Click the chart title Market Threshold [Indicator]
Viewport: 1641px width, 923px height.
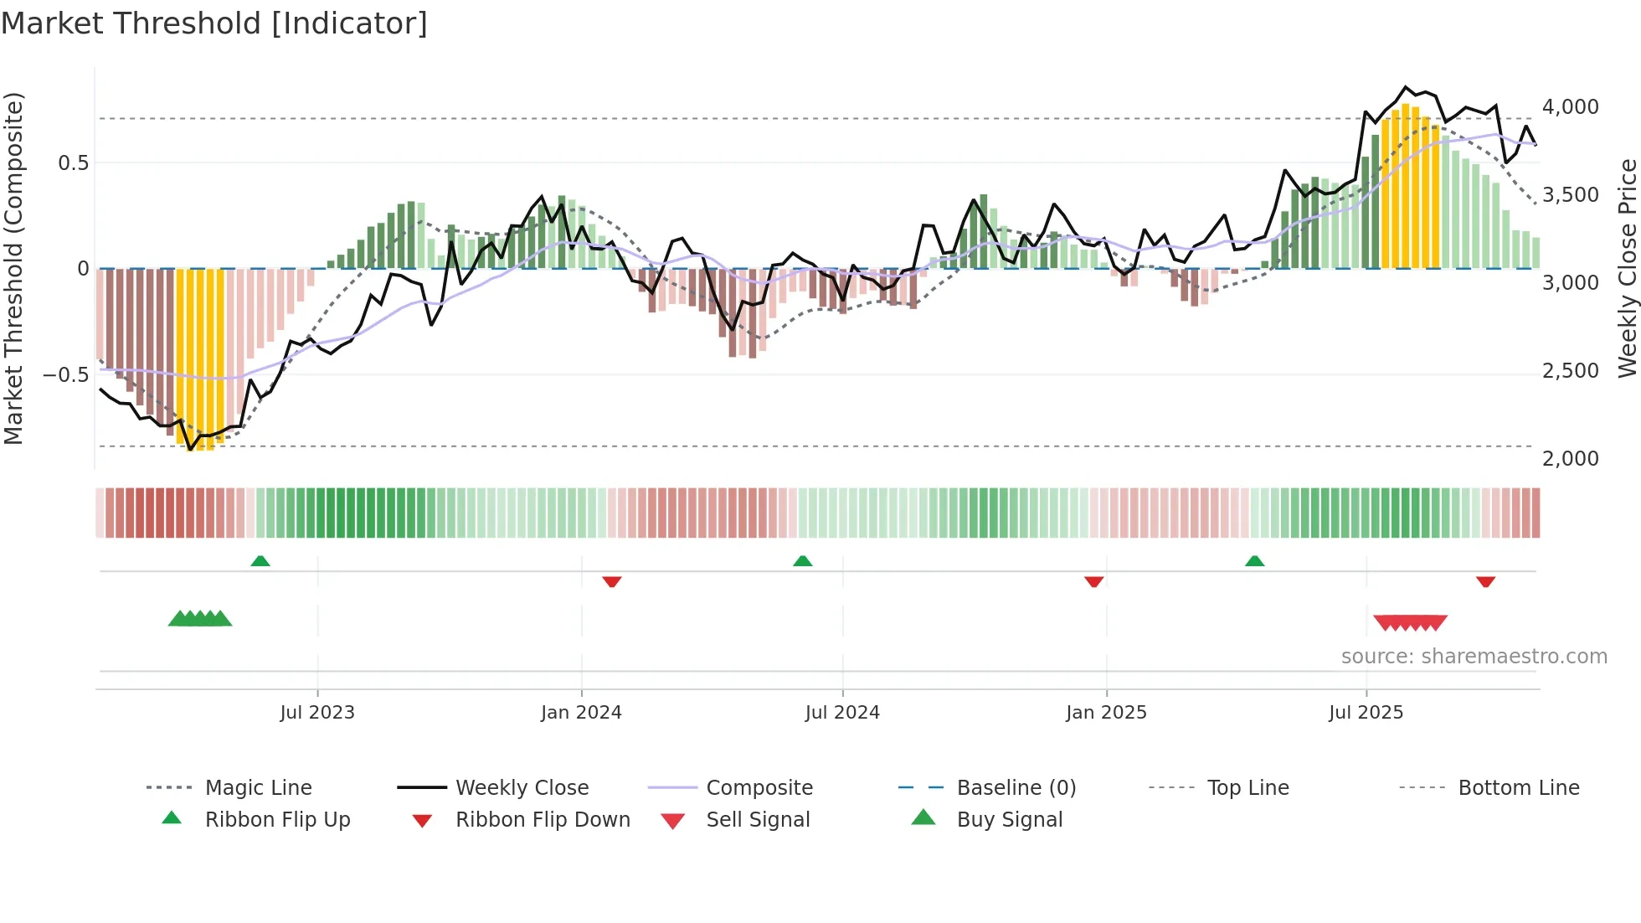pos(214,23)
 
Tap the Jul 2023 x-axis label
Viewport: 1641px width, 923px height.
pos(317,713)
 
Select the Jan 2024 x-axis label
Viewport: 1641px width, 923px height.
pos(581,713)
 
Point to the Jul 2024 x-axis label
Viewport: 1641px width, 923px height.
pos(842,713)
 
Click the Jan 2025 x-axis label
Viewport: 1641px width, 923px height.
pos(1106,713)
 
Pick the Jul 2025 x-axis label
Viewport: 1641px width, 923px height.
pos(1366,713)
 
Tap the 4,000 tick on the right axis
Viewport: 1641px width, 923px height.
pos(1570,107)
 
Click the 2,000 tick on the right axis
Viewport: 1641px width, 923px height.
pos(1570,459)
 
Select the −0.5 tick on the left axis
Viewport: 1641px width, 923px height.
pos(65,374)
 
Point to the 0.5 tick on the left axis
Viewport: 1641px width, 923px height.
pos(73,163)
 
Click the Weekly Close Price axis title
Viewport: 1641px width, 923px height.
pos(1627,268)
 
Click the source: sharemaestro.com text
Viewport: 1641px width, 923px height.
pos(1474,657)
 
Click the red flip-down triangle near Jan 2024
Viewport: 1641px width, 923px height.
pos(612,581)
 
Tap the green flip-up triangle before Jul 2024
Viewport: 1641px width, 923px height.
pos(803,561)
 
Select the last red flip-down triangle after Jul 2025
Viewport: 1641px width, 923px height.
pos(1486,581)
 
